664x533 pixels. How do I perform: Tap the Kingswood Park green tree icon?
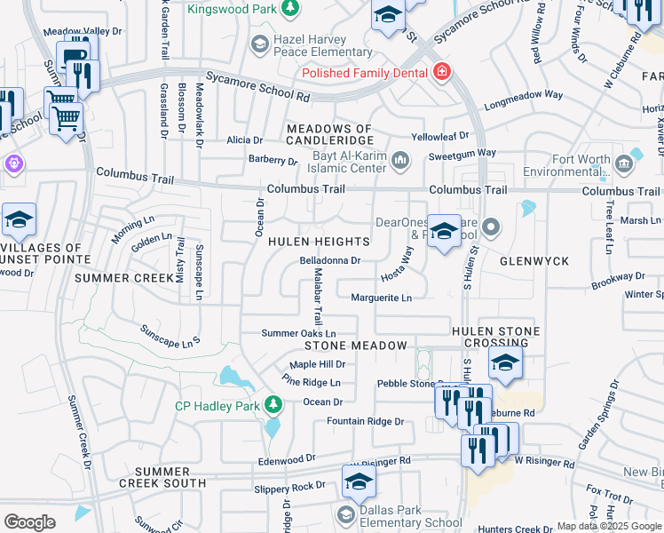(x=289, y=8)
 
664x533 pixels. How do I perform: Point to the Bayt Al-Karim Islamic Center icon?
(x=400, y=160)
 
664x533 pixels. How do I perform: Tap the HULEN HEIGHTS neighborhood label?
(x=318, y=242)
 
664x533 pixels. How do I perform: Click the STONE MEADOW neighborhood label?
(x=356, y=345)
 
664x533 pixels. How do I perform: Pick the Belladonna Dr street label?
(x=329, y=261)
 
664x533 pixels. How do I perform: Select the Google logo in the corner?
(x=29, y=522)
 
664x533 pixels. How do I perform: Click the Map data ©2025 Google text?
(x=609, y=526)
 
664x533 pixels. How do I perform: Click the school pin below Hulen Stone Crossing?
(x=504, y=363)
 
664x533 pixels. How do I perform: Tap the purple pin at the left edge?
(x=12, y=163)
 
